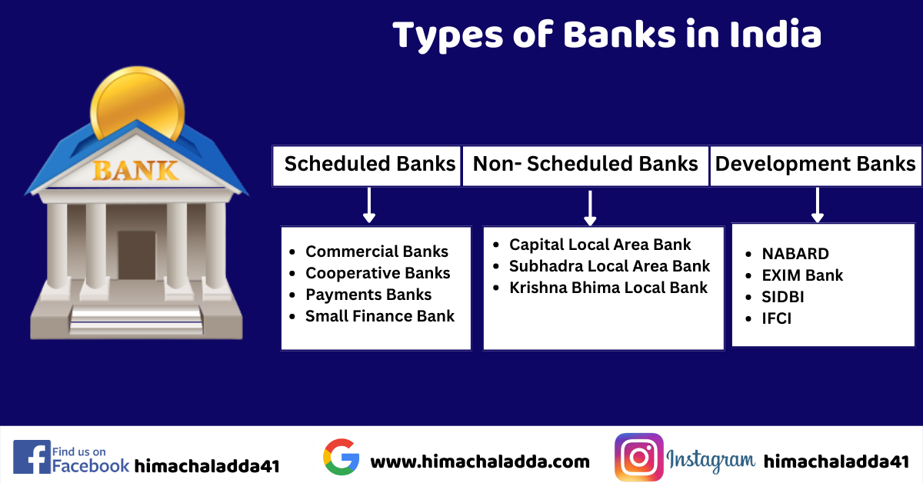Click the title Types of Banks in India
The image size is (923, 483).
pos(607,35)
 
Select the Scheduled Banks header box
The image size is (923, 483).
pos(366,165)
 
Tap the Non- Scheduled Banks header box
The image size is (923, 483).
pos(585,165)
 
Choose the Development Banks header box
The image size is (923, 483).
pos(816,165)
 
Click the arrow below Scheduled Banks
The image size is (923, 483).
pos(369,205)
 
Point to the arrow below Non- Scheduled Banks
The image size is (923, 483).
pos(590,208)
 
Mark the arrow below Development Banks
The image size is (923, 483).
pos(818,205)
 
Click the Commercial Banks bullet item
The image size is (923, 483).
pos(377,251)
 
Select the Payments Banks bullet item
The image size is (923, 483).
pos(368,295)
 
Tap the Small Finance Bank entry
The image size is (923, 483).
pos(379,316)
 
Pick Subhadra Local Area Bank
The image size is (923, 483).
pos(609,266)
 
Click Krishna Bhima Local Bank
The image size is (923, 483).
pos(608,288)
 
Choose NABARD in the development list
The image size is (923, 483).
pos(795,254)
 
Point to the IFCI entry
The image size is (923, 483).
pos(776,318)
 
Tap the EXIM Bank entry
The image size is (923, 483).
pos(802,275)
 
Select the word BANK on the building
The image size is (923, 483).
pos(135,171)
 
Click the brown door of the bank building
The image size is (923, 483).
pos(137,255)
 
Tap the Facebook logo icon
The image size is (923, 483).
pos(32,457)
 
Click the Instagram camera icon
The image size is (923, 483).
pos(639,457)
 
